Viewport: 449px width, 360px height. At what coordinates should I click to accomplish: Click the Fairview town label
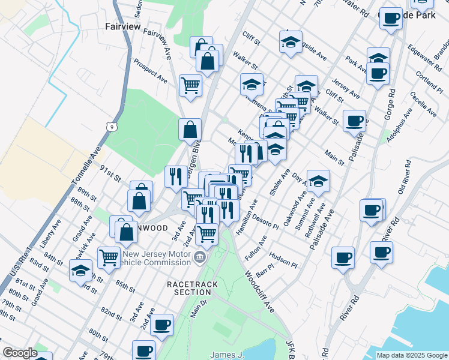(122, 27)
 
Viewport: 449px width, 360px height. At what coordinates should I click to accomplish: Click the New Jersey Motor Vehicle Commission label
(158, 258)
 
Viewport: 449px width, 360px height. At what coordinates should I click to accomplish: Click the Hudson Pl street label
(284, 259)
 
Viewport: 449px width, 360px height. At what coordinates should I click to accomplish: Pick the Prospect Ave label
(151, 70)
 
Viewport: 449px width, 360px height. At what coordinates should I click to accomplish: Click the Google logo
(20, 353)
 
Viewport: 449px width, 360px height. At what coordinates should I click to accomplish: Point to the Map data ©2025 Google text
(411, 355)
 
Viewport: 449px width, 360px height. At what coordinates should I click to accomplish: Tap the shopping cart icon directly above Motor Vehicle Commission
(206, 233)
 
